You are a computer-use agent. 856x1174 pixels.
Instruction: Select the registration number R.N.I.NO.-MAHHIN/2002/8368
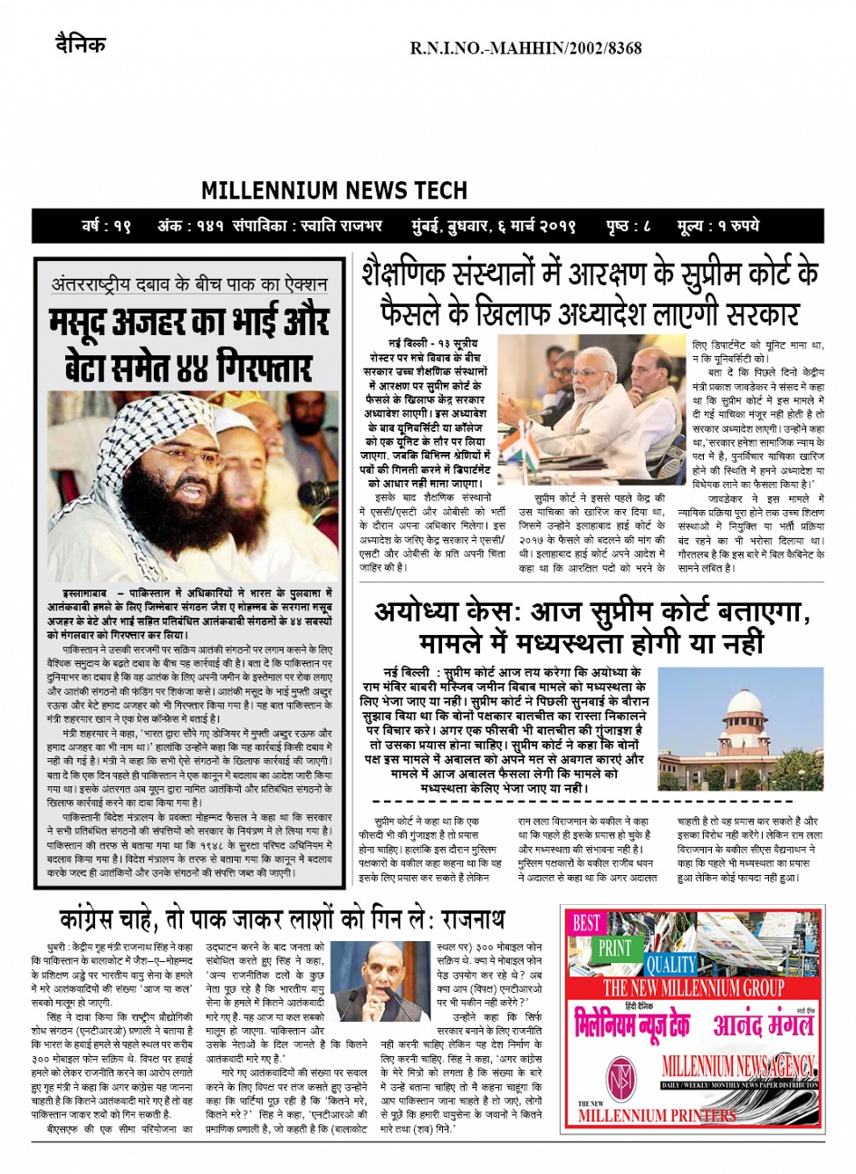[525, 47]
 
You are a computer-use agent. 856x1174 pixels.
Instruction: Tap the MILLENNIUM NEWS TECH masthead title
[334, 191]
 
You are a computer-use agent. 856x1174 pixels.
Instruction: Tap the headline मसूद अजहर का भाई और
[189, 322]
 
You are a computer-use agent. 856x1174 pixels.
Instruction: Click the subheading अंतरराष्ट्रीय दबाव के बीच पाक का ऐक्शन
[189, 284]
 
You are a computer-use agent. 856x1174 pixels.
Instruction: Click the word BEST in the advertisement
[586, 923]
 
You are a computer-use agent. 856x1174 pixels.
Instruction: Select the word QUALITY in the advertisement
[670, 964]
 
